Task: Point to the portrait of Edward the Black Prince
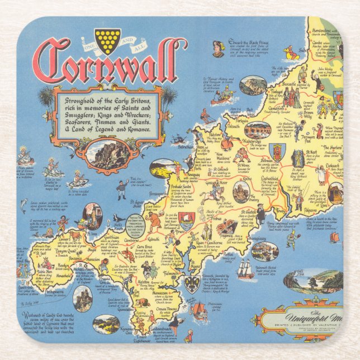click(x=218, y=49)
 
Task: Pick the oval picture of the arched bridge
click(x=257, y=129)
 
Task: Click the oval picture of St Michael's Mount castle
click(x=83, y=299)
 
